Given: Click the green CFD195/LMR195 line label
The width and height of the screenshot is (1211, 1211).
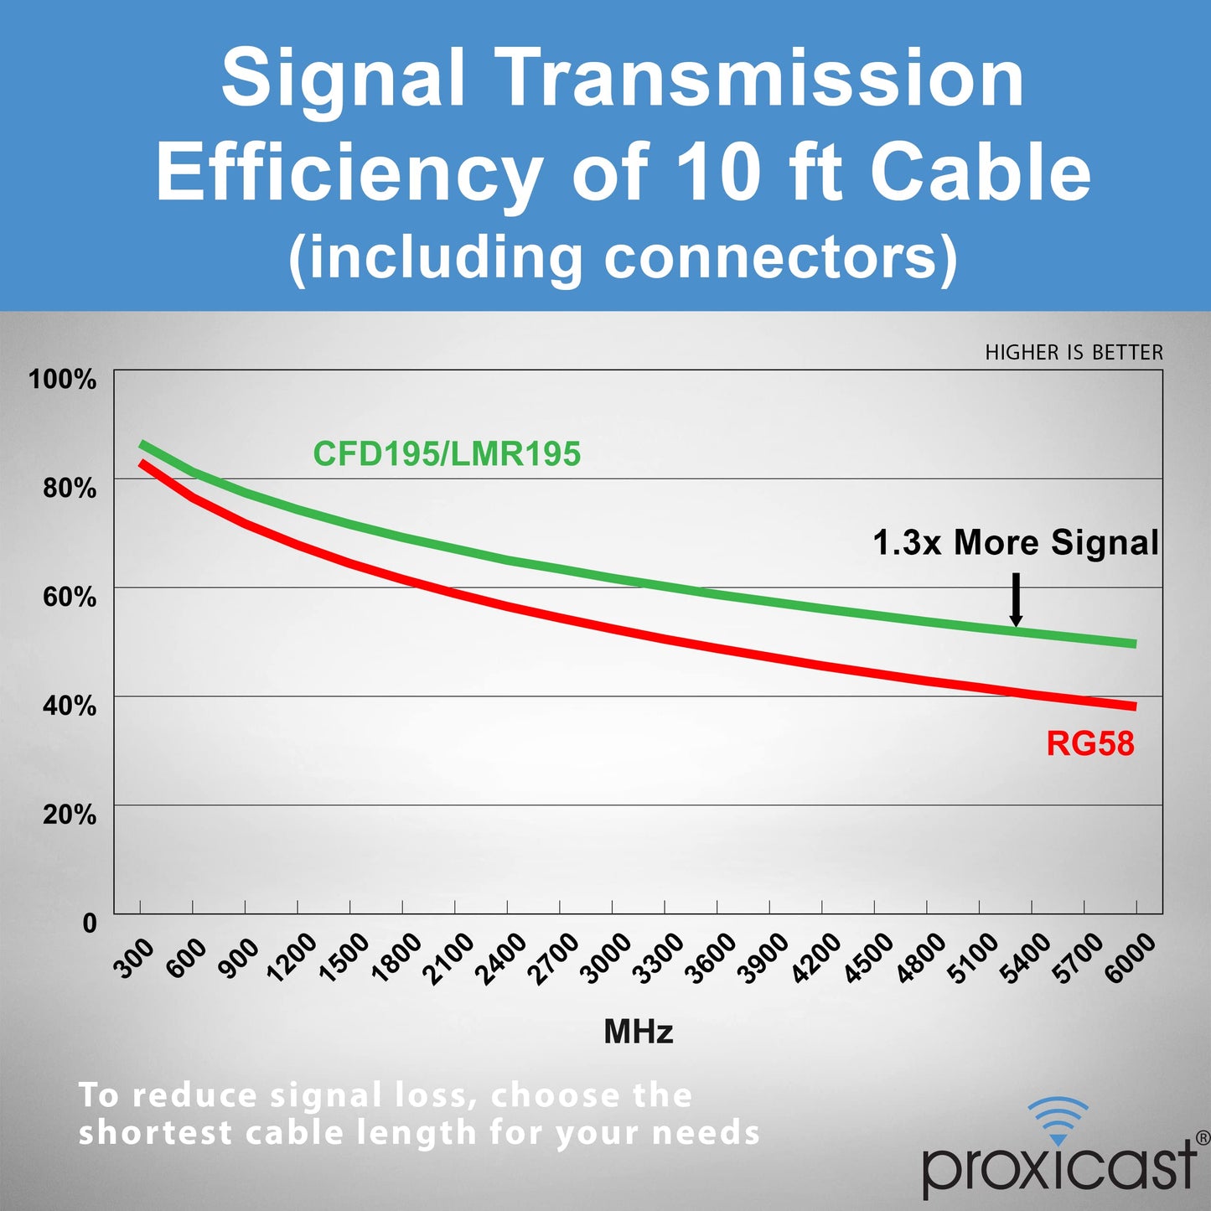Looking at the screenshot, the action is click(447, 453).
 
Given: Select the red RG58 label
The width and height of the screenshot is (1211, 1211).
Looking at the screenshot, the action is click(1090, 743).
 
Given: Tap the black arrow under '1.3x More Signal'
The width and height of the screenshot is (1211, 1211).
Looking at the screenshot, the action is click(1016, 599).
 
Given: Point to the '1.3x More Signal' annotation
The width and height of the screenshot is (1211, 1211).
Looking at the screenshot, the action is click(1016, 541).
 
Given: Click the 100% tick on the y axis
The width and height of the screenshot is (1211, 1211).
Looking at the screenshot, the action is click(63, 380).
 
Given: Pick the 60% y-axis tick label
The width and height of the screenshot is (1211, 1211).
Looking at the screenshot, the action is click(70, 597).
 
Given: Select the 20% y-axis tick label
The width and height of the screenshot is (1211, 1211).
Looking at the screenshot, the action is click(70, 815).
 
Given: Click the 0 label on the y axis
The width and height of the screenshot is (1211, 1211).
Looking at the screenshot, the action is click(90, 924).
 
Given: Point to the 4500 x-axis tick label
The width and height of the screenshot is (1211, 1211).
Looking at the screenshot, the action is click(867, 959).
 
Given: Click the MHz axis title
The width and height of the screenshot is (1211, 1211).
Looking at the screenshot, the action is click(639, 1032).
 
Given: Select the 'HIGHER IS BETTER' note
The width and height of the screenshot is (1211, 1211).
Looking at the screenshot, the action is click(1074, 353).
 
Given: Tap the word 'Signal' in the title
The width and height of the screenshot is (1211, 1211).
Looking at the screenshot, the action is click(344, 79).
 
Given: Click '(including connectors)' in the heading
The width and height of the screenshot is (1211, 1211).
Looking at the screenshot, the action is click(622, 256).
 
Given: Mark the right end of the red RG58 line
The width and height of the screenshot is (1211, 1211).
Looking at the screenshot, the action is click(1136, 706).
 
